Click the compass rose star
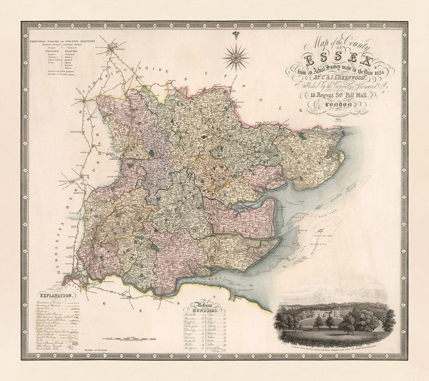tap(236, 57)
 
